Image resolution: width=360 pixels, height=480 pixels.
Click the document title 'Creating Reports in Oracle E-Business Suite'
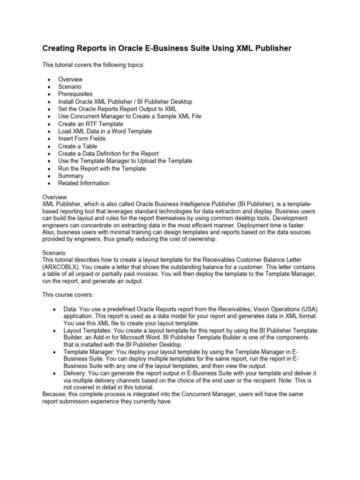click(167, 48)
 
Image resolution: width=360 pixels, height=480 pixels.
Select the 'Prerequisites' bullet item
click(75, 94)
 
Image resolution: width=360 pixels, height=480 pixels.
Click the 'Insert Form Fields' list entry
click(82, 139)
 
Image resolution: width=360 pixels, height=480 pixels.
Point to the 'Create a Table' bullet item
click(77, 146)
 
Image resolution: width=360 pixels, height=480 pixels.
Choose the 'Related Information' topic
click(83, 183)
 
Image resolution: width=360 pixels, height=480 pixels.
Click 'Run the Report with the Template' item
click(102, 168)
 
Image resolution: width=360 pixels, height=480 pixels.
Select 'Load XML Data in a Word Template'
click(105, 131)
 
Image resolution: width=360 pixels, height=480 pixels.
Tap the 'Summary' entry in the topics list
click(70, 176)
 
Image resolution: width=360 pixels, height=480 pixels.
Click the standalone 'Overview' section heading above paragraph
click(54, 197)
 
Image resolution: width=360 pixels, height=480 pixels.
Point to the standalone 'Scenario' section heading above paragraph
click(54, 253)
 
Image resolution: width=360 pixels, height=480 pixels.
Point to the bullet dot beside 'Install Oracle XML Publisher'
click(49, 102)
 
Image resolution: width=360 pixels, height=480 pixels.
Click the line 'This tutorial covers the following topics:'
click(94, 65)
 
